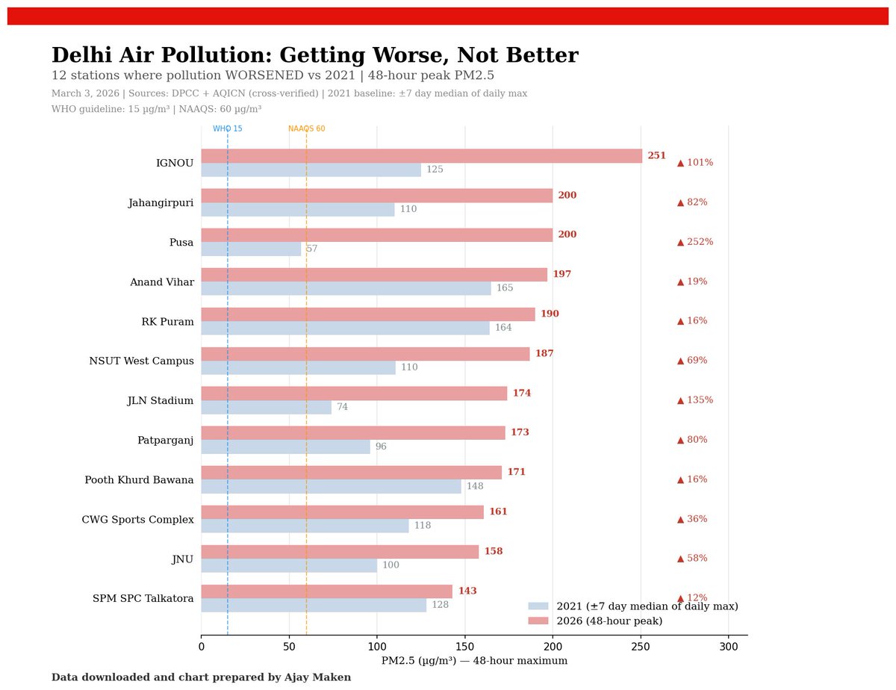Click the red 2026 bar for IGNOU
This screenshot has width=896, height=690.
421,156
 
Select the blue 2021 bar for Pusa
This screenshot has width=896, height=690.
251,249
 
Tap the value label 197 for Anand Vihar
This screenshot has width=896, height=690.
561,275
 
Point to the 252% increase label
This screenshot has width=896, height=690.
695,242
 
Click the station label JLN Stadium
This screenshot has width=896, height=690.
160,401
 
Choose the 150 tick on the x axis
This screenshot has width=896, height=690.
464,646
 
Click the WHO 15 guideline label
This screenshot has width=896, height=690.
228,129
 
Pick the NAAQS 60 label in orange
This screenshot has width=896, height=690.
306,129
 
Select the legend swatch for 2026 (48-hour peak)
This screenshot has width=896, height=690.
538,621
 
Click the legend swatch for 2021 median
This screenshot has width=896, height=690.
538,606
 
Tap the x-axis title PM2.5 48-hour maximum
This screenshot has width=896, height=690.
474,661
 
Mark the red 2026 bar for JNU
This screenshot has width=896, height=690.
340,552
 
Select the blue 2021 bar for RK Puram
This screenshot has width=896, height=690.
345,328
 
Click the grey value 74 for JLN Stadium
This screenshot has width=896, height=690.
342,408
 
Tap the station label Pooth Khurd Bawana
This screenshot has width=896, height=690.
139,480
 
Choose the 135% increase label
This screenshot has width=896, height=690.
695,400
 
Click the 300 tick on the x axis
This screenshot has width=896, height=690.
728,646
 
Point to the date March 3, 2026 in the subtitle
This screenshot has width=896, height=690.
86,94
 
